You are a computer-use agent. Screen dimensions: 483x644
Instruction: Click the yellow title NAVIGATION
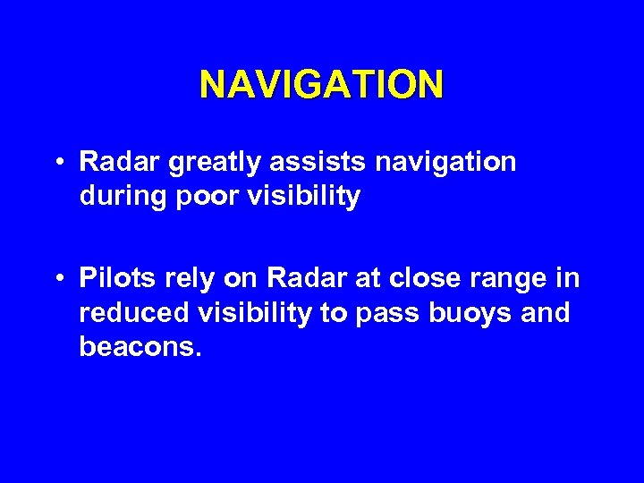click(321, 85)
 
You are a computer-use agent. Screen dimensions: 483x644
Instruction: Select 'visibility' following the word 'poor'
click(301, 196)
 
